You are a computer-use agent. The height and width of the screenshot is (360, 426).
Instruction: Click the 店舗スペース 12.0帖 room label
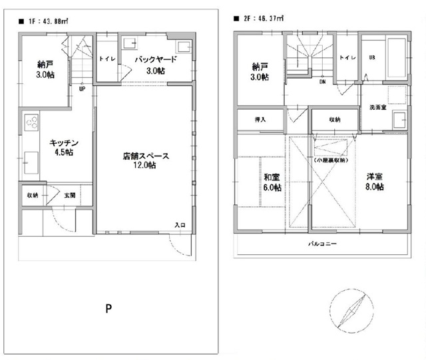(146, 160)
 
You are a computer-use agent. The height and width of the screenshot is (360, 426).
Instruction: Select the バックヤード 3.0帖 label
(154, 65)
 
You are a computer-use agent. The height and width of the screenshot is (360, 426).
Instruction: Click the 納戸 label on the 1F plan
(45, 69)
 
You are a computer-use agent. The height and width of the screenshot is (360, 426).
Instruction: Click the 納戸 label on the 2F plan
(260, 72)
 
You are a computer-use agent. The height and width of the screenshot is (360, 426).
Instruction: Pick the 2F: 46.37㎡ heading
(260, 18)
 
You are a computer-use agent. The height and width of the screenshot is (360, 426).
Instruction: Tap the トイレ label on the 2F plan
(346, 58)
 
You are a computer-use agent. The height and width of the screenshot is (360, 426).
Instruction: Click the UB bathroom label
(372, 58)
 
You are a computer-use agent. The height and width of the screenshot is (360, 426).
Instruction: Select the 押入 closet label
(260, 120)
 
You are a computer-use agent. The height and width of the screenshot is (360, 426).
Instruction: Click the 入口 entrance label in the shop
(180, 225)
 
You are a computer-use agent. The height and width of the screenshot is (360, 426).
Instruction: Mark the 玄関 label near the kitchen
(69, 195)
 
